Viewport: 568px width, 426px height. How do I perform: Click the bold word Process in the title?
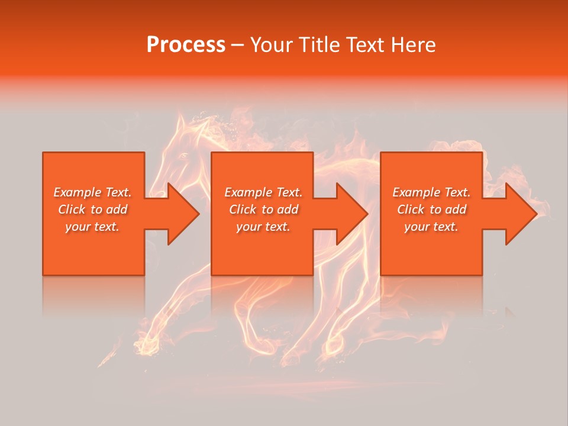tap(186, 45)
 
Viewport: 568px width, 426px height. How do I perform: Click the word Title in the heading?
tap(319, 45)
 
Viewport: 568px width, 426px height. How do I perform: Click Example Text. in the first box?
tap(93, 192)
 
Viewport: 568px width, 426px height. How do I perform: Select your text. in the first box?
tap(93, 227)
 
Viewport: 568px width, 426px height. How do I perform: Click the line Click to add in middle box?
tap(263, 209)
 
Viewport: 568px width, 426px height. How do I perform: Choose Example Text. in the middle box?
tap(263, 192)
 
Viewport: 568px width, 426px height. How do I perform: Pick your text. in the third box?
tap(431, 227)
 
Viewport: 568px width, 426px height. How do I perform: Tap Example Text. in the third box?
tap(431, 192)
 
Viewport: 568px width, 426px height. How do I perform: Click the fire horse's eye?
tap(183, 156)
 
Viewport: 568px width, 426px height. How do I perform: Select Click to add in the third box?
tap(431, 209)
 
